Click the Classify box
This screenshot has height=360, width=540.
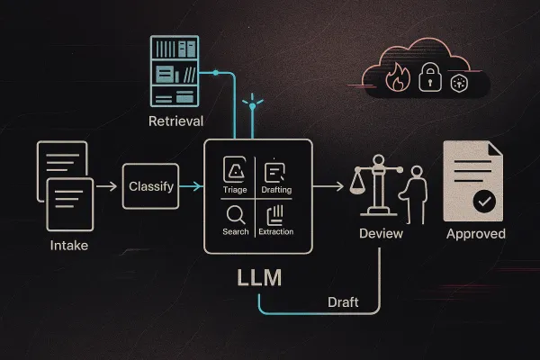click(150, 186)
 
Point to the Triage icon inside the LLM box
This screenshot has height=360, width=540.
click(235, 171)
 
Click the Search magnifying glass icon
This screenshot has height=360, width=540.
click(235, 214)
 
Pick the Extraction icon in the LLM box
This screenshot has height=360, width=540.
click(277, 214)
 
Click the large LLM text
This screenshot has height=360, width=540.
click(258, 277)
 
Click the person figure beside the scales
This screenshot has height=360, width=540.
click(416, 193)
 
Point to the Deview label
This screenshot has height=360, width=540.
click(382, 233)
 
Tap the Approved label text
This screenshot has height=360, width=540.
click(475, 234)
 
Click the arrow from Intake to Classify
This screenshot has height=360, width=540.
click(106, 186)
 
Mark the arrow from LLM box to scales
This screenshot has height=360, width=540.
click(329, 186)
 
